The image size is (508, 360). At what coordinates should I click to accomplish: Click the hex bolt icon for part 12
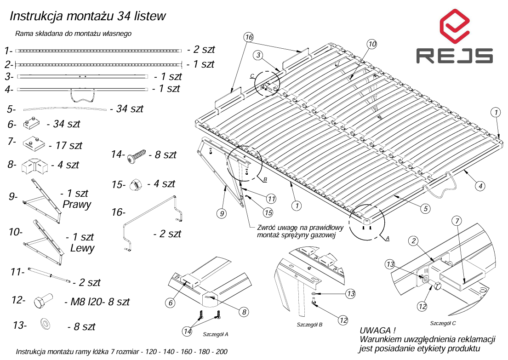[x=43, y=302]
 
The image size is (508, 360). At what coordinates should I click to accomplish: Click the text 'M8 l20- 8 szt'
[x=97, y=302]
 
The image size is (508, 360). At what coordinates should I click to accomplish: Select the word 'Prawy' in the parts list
[x=77, y=205]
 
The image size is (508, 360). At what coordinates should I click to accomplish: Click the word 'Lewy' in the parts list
[x=82, y=248]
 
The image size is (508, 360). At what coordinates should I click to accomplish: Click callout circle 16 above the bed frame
[x=249, y=36]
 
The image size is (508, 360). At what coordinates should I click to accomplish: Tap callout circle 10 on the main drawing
[x=371, y=44]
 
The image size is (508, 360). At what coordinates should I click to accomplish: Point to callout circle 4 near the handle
[x=479, y=186]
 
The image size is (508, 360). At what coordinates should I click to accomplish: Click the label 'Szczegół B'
[x=309, y=325]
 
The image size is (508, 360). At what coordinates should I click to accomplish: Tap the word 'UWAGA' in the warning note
[x=377, y=331]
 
